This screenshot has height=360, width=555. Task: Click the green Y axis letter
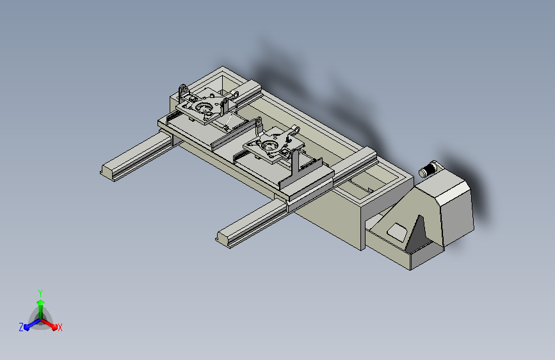tap(40, 293)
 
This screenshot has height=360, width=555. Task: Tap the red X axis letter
tap(60, 327)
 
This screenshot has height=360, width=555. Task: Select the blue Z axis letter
tap(21, 327)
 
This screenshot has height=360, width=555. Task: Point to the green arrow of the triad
tap(41, 308)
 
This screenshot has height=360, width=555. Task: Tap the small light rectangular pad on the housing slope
tap(397, 233)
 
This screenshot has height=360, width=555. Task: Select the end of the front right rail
tap(223, 239)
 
